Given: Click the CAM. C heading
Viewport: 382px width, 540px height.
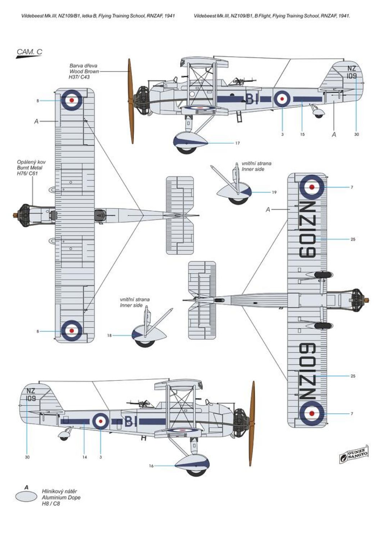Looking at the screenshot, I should pos(29,52).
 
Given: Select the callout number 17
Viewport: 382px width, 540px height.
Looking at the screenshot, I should pos(237,143).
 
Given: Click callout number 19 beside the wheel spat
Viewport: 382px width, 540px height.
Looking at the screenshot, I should pos(274,193).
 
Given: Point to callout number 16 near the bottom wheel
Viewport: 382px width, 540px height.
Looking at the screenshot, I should pos(151,466).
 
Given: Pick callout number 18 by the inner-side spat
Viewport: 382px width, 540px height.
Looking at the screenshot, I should pos(109,336).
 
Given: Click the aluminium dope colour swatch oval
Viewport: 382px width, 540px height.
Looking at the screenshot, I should pos(26,497).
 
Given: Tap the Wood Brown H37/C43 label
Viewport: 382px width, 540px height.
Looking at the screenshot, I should pos(84,71).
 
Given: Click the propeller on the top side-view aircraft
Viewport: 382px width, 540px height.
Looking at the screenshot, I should pos(131,101).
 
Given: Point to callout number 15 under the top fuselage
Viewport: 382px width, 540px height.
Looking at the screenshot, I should pos(302,134).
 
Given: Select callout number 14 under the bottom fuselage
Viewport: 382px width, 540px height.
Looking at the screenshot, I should pos(85,457).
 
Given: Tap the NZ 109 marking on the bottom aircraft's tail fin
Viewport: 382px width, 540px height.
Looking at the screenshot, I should pos(31,395).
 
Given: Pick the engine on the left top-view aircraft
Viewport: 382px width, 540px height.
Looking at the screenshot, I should pos(24,215).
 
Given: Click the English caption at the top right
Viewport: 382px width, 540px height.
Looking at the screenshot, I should pos(272,16).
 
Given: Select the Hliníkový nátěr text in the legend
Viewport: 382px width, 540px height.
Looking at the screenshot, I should pos(59,491).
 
